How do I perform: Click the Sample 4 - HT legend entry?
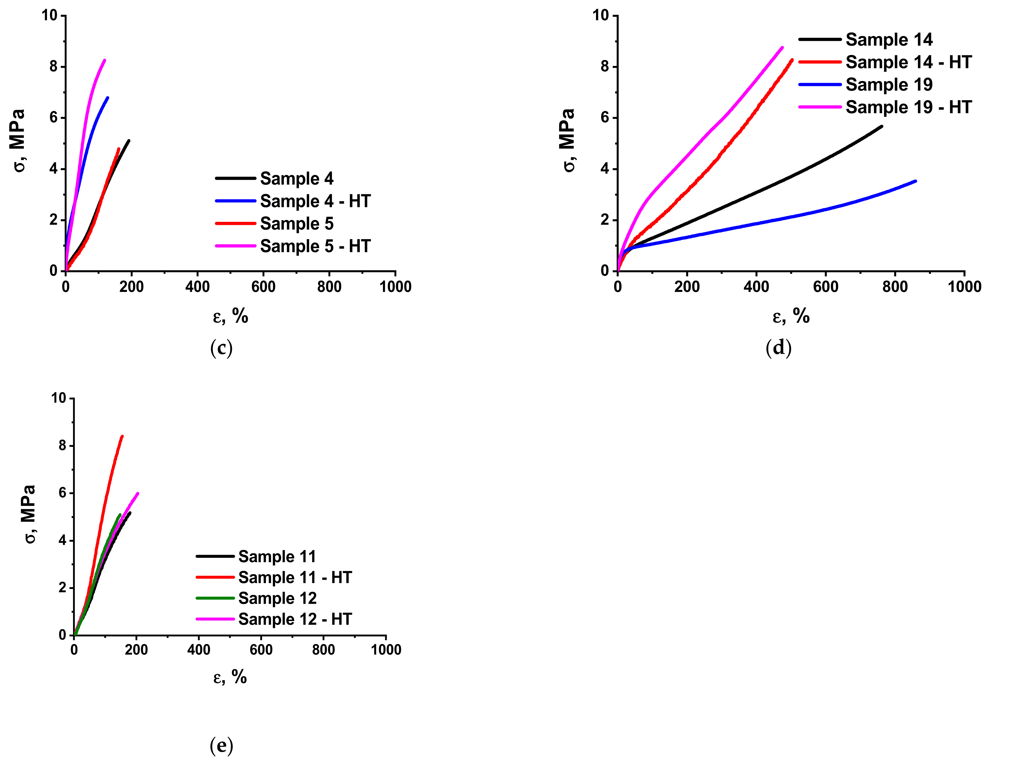(x=315, y=201)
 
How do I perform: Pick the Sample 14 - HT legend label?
(x=909, y=62)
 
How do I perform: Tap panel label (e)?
(x=221, y=745)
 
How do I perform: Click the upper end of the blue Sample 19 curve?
(x=915, y=181)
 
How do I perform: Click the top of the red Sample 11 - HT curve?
(x=122, y=436)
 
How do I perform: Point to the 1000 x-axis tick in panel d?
(x=964, y=287)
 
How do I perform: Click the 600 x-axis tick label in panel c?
(x=263, y=287)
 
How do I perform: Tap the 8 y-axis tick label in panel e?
(x=63, y=446)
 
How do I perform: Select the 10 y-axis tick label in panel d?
(x=600, y=16)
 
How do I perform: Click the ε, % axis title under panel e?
(x=230, y=677)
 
